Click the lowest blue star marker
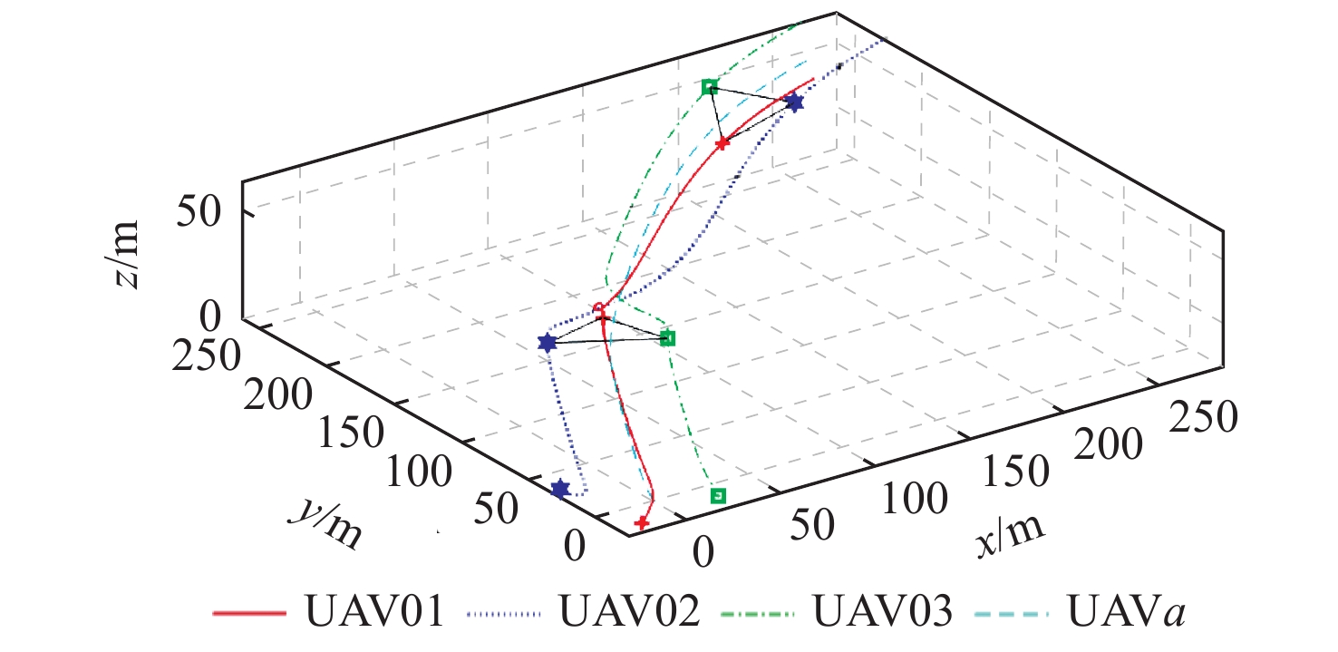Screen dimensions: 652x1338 (560, 490)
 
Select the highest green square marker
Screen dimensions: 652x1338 (710, 87)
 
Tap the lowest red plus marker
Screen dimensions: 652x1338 (642, 522)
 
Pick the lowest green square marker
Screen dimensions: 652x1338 (718, 495)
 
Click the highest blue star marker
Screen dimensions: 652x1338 (795, 102)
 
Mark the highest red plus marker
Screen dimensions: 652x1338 (722, 143)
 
